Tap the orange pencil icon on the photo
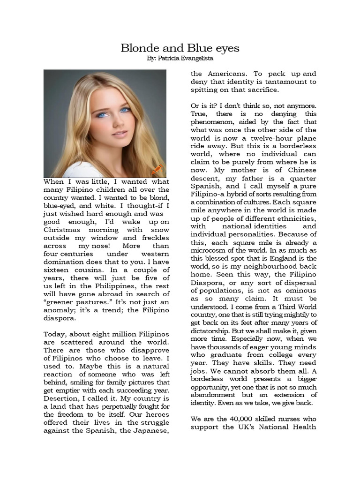coord(157,169)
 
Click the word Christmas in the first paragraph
coord(63,230)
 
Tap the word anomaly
coord(58,310)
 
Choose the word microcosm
coord(209,250)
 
